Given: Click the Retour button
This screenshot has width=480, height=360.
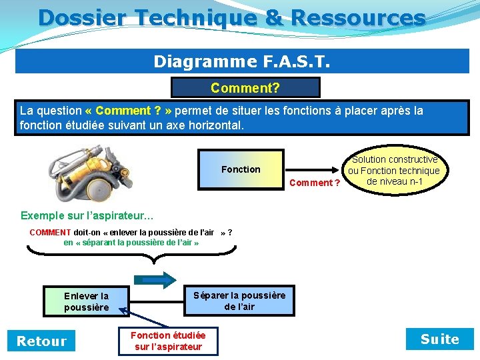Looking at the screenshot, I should pos(41,341).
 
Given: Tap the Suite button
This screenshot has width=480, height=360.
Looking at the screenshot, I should pos(439,339).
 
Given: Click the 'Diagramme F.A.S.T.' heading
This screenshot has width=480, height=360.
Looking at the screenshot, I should pos(241,61).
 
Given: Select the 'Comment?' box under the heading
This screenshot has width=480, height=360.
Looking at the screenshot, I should pos(245,88).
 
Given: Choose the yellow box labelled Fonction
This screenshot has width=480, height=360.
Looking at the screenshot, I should pos(241,169).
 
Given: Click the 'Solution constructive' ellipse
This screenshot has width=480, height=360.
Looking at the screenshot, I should pos(395,171).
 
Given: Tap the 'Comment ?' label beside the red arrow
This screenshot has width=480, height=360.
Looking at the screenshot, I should pos(316,183).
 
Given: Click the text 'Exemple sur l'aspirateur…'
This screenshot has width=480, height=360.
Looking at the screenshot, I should pos(87,215).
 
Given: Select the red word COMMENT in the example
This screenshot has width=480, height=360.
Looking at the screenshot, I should pos(50,233).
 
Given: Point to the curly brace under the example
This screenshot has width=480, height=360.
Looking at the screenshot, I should pos(131,252).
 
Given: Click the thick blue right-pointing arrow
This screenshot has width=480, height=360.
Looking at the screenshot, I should pos(155,279).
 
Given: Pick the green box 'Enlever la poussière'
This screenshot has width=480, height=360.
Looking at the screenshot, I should pos(86,301).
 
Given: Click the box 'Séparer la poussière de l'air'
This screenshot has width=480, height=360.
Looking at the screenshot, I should pos(239,301).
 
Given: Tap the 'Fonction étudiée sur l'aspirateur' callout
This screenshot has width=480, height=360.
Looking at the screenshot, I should pos(168,341).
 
